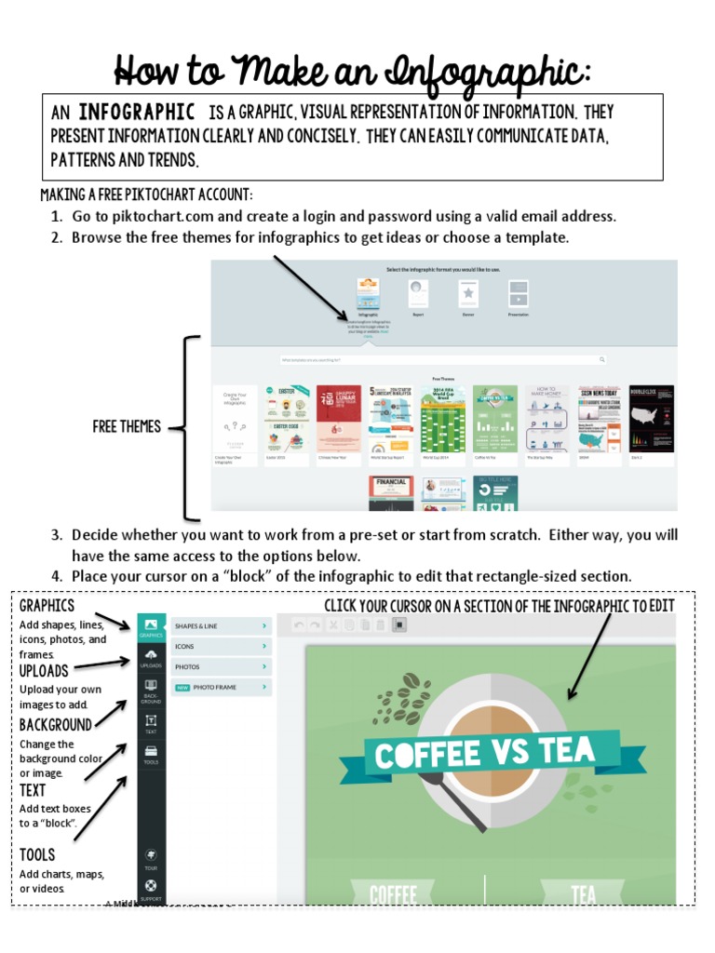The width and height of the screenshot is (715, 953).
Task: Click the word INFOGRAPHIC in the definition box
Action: [136, 113]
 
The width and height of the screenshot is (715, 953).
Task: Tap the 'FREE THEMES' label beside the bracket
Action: [127, 427]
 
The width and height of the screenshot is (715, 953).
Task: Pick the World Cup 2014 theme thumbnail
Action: [442, 418]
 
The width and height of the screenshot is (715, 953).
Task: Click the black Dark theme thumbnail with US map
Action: [651, 418]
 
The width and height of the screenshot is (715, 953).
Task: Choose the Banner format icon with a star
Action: [469, 294]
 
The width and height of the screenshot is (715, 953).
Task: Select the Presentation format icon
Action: [519, 294]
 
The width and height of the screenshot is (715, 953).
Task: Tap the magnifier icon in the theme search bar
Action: [602, 358]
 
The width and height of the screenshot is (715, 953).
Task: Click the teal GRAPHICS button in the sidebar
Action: [151, 627]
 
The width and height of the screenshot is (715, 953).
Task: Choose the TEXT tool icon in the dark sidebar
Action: [151, 723]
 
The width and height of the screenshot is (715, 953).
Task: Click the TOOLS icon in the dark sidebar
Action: [151, 754]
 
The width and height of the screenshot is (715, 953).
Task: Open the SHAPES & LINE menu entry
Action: [221, 626]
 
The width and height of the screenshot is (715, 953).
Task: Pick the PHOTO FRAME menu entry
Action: [221, 687]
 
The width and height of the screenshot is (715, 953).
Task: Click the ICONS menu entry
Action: [221, 646]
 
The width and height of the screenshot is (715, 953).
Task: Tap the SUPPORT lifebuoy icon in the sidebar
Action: [151, 889]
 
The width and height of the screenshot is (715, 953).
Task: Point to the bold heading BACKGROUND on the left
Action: [56, 725]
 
